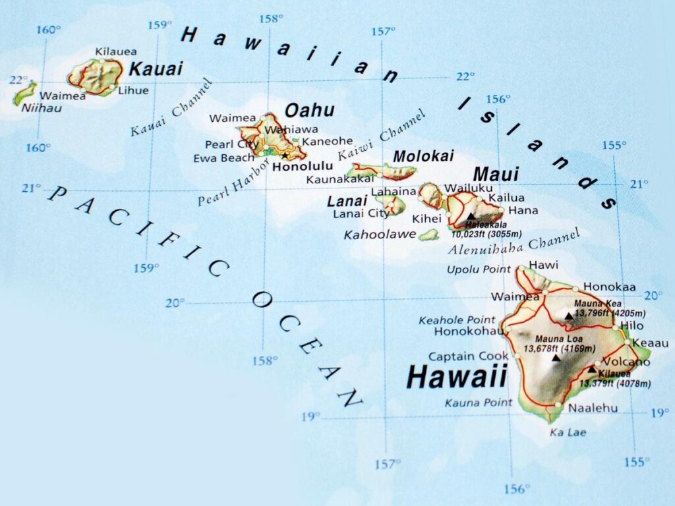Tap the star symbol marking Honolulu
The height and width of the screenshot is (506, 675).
(x=285, y=155)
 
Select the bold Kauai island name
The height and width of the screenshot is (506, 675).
(x=156, y=69)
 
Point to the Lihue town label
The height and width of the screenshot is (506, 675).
(x=133, y=91)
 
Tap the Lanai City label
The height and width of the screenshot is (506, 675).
(x=361, y=213)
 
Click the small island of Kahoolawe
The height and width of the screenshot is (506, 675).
(x=429, y=234)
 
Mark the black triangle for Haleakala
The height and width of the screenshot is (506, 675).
(x=471, y=216)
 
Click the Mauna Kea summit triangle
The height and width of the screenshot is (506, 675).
(x=569, y=316)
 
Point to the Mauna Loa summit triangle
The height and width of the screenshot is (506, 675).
(x=556, y=358)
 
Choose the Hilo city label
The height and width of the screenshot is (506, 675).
(x=633, y=326)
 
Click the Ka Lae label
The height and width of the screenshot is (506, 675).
(x=568, y=432)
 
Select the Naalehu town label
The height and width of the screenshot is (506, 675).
(x=593, y=408)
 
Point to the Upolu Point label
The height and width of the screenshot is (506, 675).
(x=479, y=269)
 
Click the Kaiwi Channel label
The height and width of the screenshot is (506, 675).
(x=382, y=136)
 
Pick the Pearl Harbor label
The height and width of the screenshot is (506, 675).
(x=233, y=183)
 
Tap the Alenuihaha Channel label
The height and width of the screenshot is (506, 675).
(x=514, y=242)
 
